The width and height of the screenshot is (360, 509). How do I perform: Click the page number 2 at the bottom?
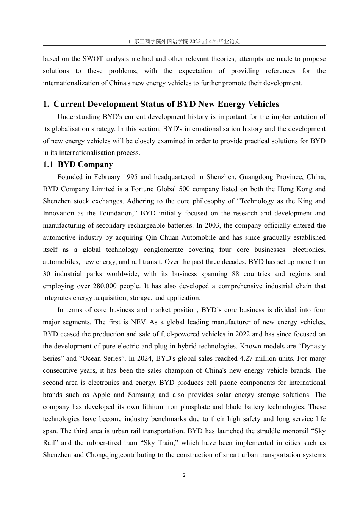pos(184,475)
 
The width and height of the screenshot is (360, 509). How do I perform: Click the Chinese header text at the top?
pos(184,41)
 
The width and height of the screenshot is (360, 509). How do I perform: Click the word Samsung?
pos(141,395)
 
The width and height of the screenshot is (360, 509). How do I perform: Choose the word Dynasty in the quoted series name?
pos(312,346)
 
